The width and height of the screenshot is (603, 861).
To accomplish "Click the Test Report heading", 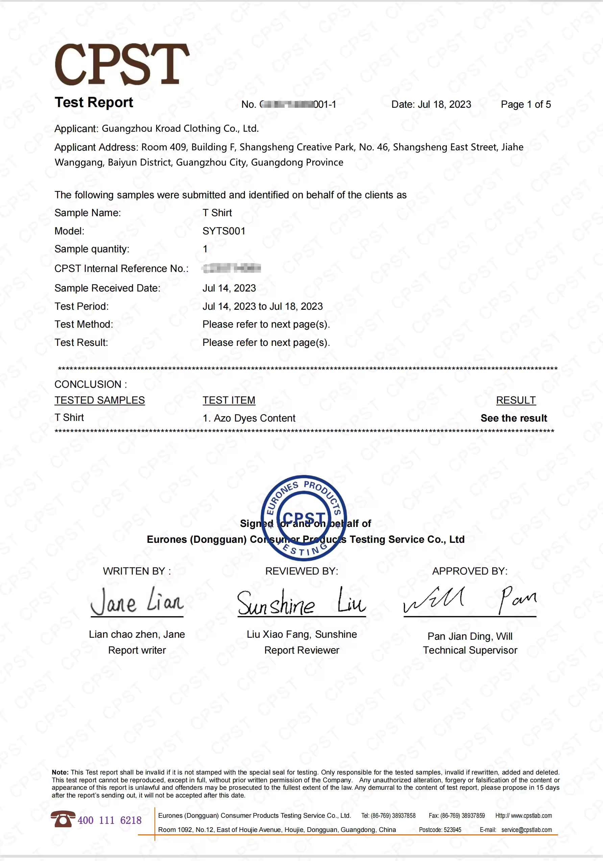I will [94, 102].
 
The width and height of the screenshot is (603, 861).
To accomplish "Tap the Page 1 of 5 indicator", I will [526, 104].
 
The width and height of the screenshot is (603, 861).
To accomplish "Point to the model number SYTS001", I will [224, 231].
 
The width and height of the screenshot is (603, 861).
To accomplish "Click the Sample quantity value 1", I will [205, 249].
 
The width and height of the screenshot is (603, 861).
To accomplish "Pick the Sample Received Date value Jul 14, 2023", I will [229, 288].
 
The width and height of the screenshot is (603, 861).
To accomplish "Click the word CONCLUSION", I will [88, 384].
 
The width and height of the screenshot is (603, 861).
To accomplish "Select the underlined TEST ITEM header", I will [229, 401].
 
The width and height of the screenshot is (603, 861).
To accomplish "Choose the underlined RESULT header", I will [515, 401].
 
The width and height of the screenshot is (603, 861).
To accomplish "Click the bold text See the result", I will [513, 418].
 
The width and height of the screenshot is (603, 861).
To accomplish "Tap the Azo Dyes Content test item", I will [249, 418].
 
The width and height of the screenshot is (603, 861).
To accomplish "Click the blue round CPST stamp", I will [304, 518].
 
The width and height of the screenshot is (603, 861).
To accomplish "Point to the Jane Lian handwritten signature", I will [137, 601].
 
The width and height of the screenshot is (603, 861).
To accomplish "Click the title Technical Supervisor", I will [470, 650].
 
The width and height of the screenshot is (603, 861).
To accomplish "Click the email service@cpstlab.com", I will [527, 830].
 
